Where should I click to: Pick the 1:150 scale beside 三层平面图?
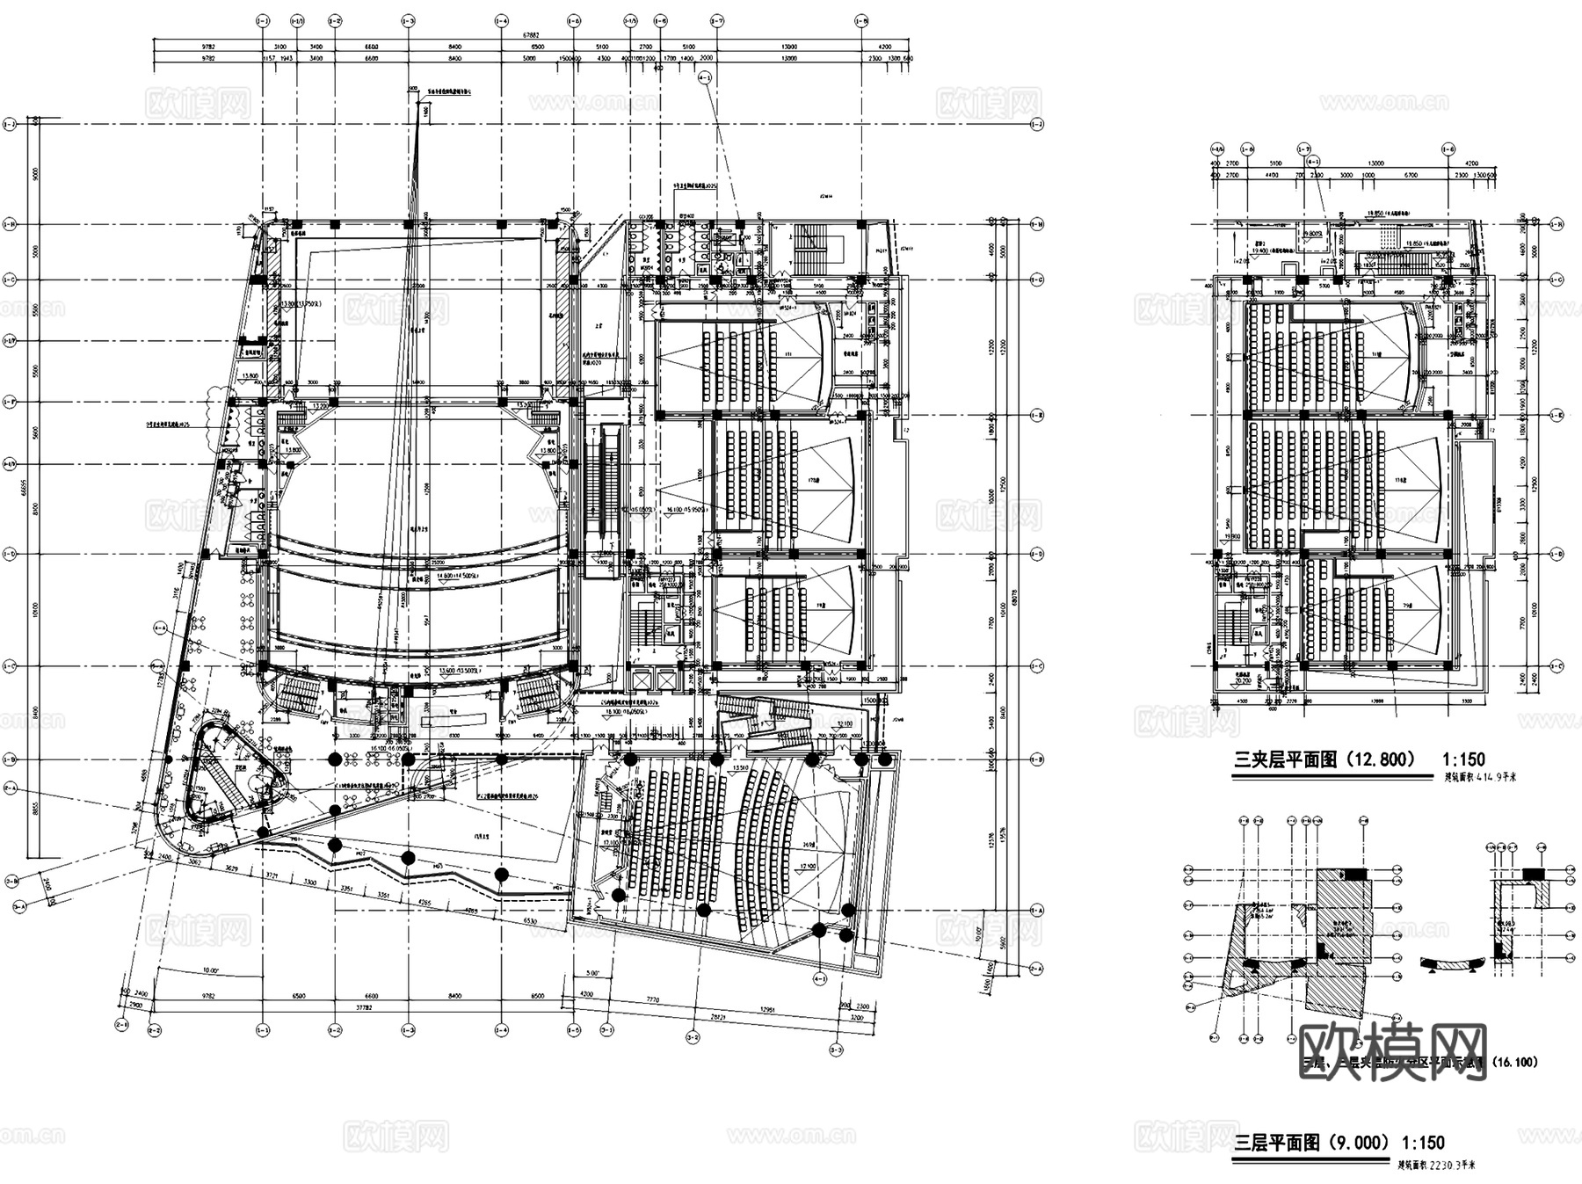(1423, 1143)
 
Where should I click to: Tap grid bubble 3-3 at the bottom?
(836, 1050)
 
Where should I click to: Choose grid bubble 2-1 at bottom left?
(121, 1024)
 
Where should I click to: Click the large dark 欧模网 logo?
(1392, 1050)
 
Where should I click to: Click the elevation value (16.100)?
(1513, 1062)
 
